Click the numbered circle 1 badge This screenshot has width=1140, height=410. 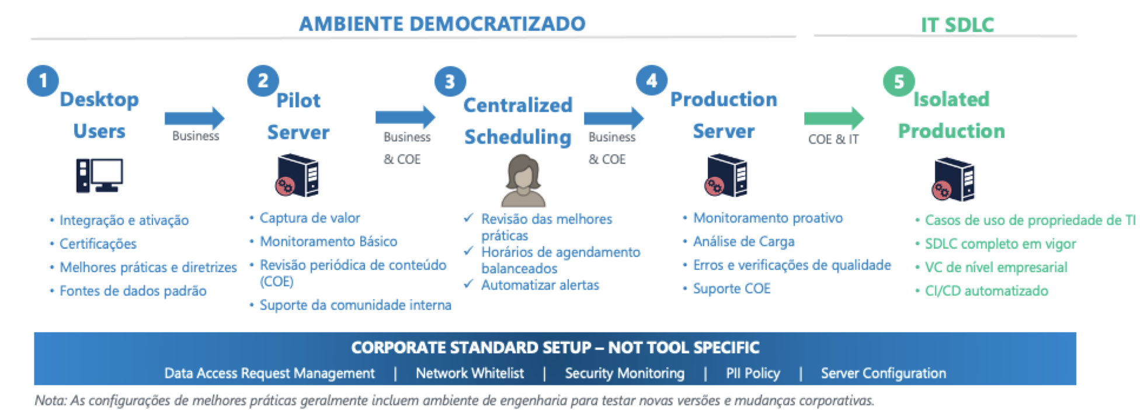(43, 81)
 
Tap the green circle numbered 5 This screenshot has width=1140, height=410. (899, 82)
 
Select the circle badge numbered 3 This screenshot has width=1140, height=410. (450, 82)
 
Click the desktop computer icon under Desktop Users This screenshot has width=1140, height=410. (99, 175)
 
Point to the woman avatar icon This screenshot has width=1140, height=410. (523, 181)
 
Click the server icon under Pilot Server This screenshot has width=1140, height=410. (297, 175)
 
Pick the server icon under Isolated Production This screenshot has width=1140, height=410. (953, 180)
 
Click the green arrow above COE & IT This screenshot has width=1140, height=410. (833, 119)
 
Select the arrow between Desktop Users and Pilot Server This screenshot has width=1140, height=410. (194, 119)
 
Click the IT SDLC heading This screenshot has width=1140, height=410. (957, 25)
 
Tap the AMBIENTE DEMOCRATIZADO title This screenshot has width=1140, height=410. (442, 24)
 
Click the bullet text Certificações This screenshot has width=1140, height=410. (98, 244)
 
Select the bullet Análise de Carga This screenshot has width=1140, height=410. (743, 242)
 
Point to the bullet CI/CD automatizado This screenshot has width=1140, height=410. (986, 291)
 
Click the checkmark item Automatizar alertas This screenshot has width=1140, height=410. (540, 285)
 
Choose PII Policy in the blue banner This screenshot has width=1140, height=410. (753, 373)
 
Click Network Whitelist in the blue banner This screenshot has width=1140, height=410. (470, 373)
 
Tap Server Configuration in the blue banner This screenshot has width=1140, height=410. (883, 373)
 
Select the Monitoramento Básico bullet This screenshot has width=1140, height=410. (328, 242)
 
